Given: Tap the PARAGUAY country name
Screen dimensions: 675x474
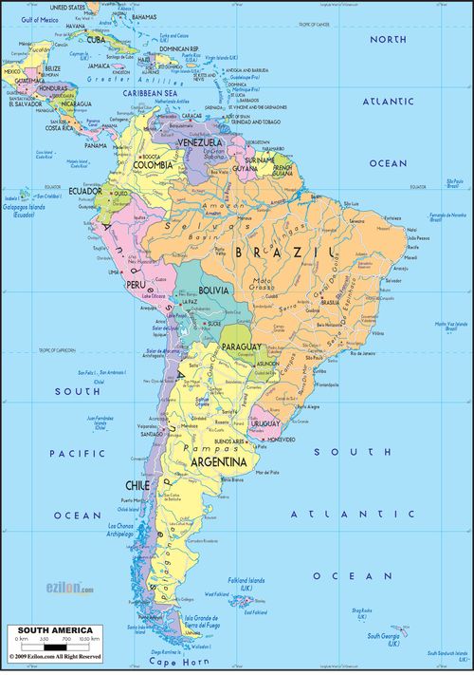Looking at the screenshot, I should click(x=241, y=348).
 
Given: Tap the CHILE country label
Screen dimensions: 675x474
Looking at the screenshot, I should click(x=137, y=485).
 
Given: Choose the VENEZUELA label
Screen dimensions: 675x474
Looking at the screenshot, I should click(x=196, y=142).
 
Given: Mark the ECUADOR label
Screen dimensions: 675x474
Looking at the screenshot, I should click(x=84, y=191).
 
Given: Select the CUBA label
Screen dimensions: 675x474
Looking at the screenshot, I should click(x=97, y=40).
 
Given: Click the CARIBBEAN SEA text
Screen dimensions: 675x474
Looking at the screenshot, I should click(x=145, y=95).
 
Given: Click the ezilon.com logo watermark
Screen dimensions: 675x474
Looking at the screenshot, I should click(x=70, y=589).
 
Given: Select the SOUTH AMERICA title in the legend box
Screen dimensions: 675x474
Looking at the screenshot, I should click(x=51, y=630).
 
